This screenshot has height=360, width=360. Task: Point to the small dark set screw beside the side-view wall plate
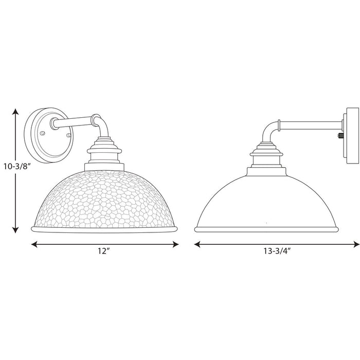(x=339, y=137)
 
